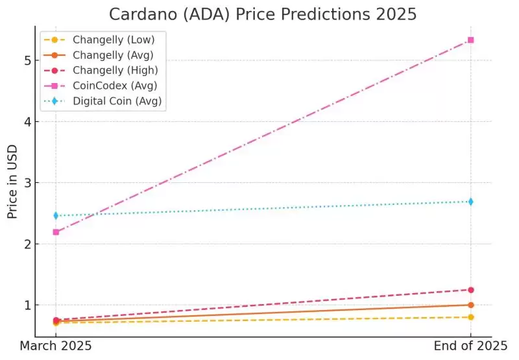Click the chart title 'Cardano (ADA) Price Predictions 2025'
click(x=263, y=14)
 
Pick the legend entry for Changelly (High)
click(x=110, y=70)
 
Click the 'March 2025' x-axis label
click(x=56, y=346)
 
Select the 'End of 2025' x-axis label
click(x=470, y=346)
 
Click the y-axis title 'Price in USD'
click(x=12, y=182)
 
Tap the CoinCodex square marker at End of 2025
click(x=470, y=40)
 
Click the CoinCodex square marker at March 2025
click(x=56, y=232)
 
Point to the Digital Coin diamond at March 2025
click(x=56, y=215)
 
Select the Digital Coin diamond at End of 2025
click(x=470, y=202)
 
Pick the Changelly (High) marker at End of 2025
click(x=470, y=290)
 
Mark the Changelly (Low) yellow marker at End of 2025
click(x=470, y=317)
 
